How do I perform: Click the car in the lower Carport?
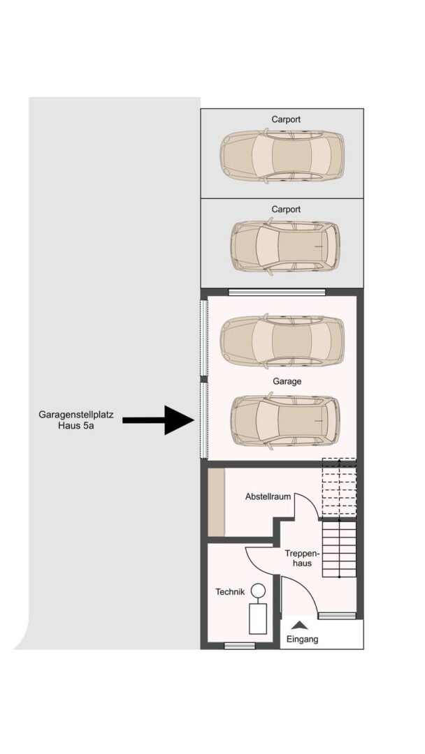[285, 246]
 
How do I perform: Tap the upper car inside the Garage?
[282, 341]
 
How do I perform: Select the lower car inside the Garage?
[285, 422]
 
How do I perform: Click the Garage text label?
[287, 382]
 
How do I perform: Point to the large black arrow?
[159, 420]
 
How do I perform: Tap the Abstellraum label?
[268, 497]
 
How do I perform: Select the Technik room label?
[229, 592]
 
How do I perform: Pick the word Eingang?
[302, 639]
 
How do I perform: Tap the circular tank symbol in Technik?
[259, 591]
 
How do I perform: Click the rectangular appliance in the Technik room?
[258, 619]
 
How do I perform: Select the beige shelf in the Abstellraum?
[216, 503]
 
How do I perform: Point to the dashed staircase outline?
[339, 487]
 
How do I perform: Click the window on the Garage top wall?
[277, 292]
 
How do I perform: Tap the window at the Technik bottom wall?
[239, 646]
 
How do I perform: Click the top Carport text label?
[286, 119]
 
